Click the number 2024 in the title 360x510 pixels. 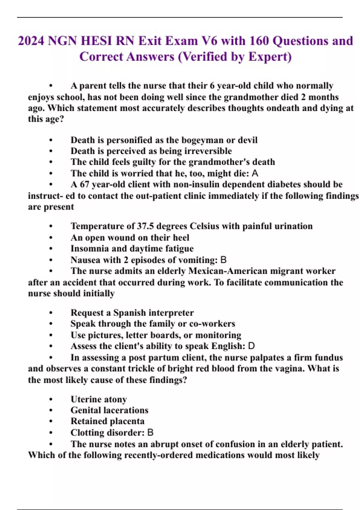(31, 41)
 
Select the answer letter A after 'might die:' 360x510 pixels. (255, 173)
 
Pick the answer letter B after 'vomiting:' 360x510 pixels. (223, 260)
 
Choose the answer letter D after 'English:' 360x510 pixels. (251, 346)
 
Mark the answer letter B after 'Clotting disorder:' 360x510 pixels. (150, 433)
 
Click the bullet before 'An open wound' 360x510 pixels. (51, 238)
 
